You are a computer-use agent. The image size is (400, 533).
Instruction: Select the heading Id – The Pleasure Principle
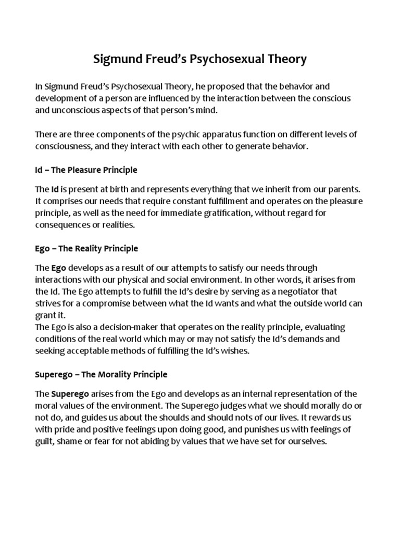86,170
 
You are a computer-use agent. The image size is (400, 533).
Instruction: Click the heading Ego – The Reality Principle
86,249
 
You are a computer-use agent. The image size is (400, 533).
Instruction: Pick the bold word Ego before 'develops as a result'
58,268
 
